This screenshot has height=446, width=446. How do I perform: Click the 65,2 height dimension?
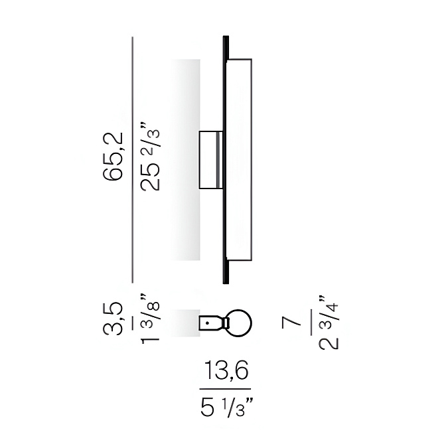click(x=113, y=157)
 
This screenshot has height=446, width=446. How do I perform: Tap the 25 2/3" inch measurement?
click(x=150, y=157)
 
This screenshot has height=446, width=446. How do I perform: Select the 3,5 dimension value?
click(x=113, y=319)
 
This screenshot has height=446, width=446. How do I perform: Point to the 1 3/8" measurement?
click(x=150, y=319)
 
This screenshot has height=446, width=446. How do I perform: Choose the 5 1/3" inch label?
click(x=226, y=407)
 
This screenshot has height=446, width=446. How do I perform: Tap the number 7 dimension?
click(x=291, y=323)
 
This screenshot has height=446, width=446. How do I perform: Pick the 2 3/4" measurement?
click(x=329, y=323)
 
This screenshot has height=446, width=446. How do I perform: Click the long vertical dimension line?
click(x=132, y=160)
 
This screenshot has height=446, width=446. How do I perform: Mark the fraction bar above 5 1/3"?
click(x=225, y=389)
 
